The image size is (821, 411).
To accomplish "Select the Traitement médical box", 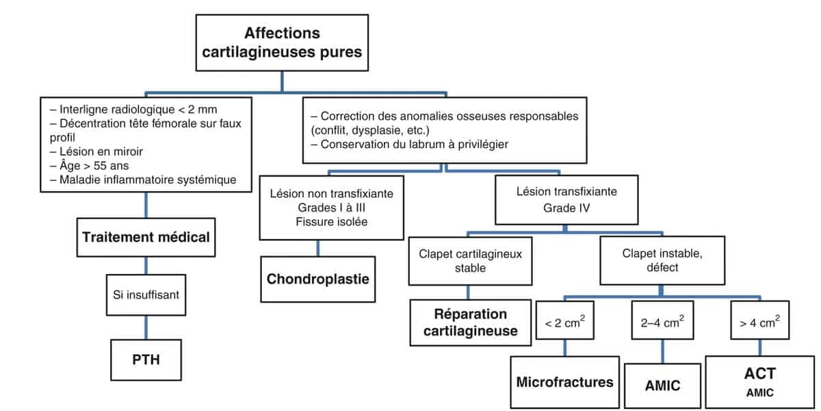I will [x=145, y=237].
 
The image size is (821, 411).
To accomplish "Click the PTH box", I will [x=145, y=358].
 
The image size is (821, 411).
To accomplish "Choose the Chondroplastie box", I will [x=317, y=279].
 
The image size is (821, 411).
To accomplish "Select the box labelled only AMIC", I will [x=662, y=385].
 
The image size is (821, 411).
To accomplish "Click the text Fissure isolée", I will [x=331, y=221].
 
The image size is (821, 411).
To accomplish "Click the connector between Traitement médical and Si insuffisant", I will [x=145, y=264].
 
